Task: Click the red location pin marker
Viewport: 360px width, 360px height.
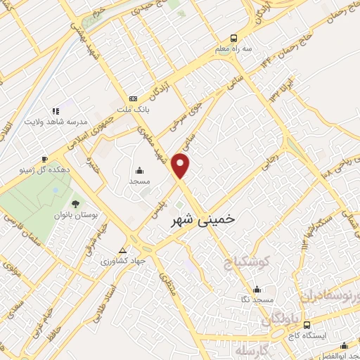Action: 181,165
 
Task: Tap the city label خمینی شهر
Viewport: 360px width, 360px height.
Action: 203,220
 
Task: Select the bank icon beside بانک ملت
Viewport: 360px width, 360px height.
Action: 132,99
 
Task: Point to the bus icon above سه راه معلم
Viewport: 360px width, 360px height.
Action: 233,39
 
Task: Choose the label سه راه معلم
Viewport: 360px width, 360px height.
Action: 233,50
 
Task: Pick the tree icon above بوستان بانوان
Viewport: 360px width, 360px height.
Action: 56,204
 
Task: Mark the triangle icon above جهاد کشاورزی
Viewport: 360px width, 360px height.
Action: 123,250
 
